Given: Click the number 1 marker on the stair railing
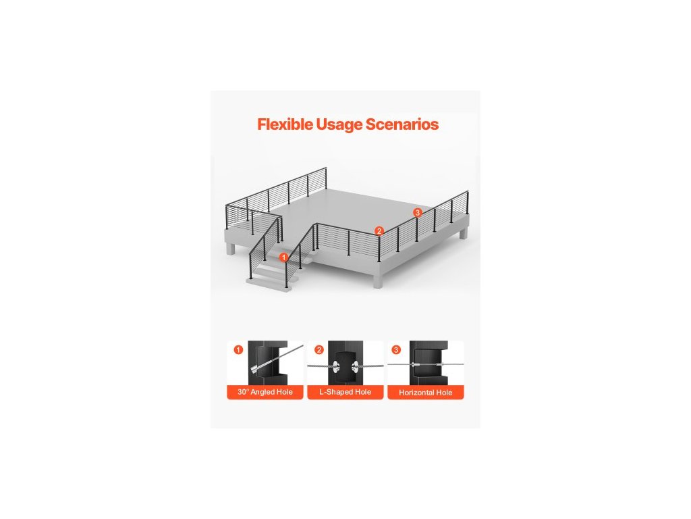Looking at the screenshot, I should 284,257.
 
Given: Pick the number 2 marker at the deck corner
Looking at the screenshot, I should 379,230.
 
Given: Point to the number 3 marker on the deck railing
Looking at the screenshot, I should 418,213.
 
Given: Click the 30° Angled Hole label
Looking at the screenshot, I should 265,393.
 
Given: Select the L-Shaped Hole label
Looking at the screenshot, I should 345,393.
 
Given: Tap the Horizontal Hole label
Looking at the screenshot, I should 425,393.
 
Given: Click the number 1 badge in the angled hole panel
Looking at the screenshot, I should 238,349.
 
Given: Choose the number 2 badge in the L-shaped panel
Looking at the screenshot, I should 319,349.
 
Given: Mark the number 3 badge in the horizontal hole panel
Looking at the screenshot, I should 396,349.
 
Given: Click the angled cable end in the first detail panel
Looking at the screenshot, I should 258,368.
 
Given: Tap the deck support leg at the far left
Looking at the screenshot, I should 231,248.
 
